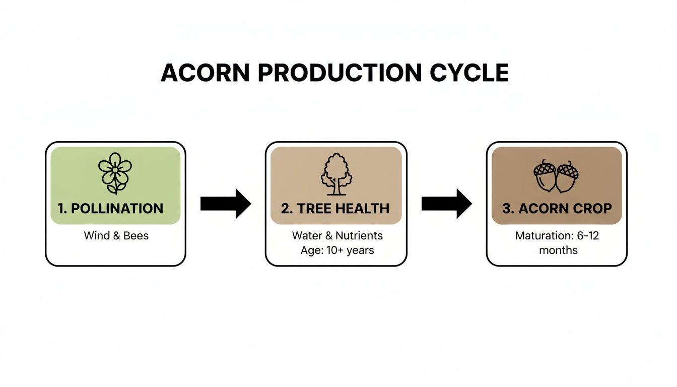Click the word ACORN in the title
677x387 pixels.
point(205,73)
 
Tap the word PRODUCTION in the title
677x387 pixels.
point(340,73)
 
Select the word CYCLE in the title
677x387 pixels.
point(469,73)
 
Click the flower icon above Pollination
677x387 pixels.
point(115,173)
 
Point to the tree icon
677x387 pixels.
point(336,174)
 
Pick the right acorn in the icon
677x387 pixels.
point(567,177)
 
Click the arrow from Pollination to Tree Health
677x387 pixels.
point(226,204)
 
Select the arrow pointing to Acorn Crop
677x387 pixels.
point(447,204)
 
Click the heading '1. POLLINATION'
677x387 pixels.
point(111,209)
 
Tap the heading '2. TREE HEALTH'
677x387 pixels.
point(335,209)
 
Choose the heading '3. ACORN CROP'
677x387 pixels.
point(557,209)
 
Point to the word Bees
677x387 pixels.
point(136,235)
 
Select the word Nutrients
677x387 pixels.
point(359,235)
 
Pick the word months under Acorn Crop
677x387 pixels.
point(558,250)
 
